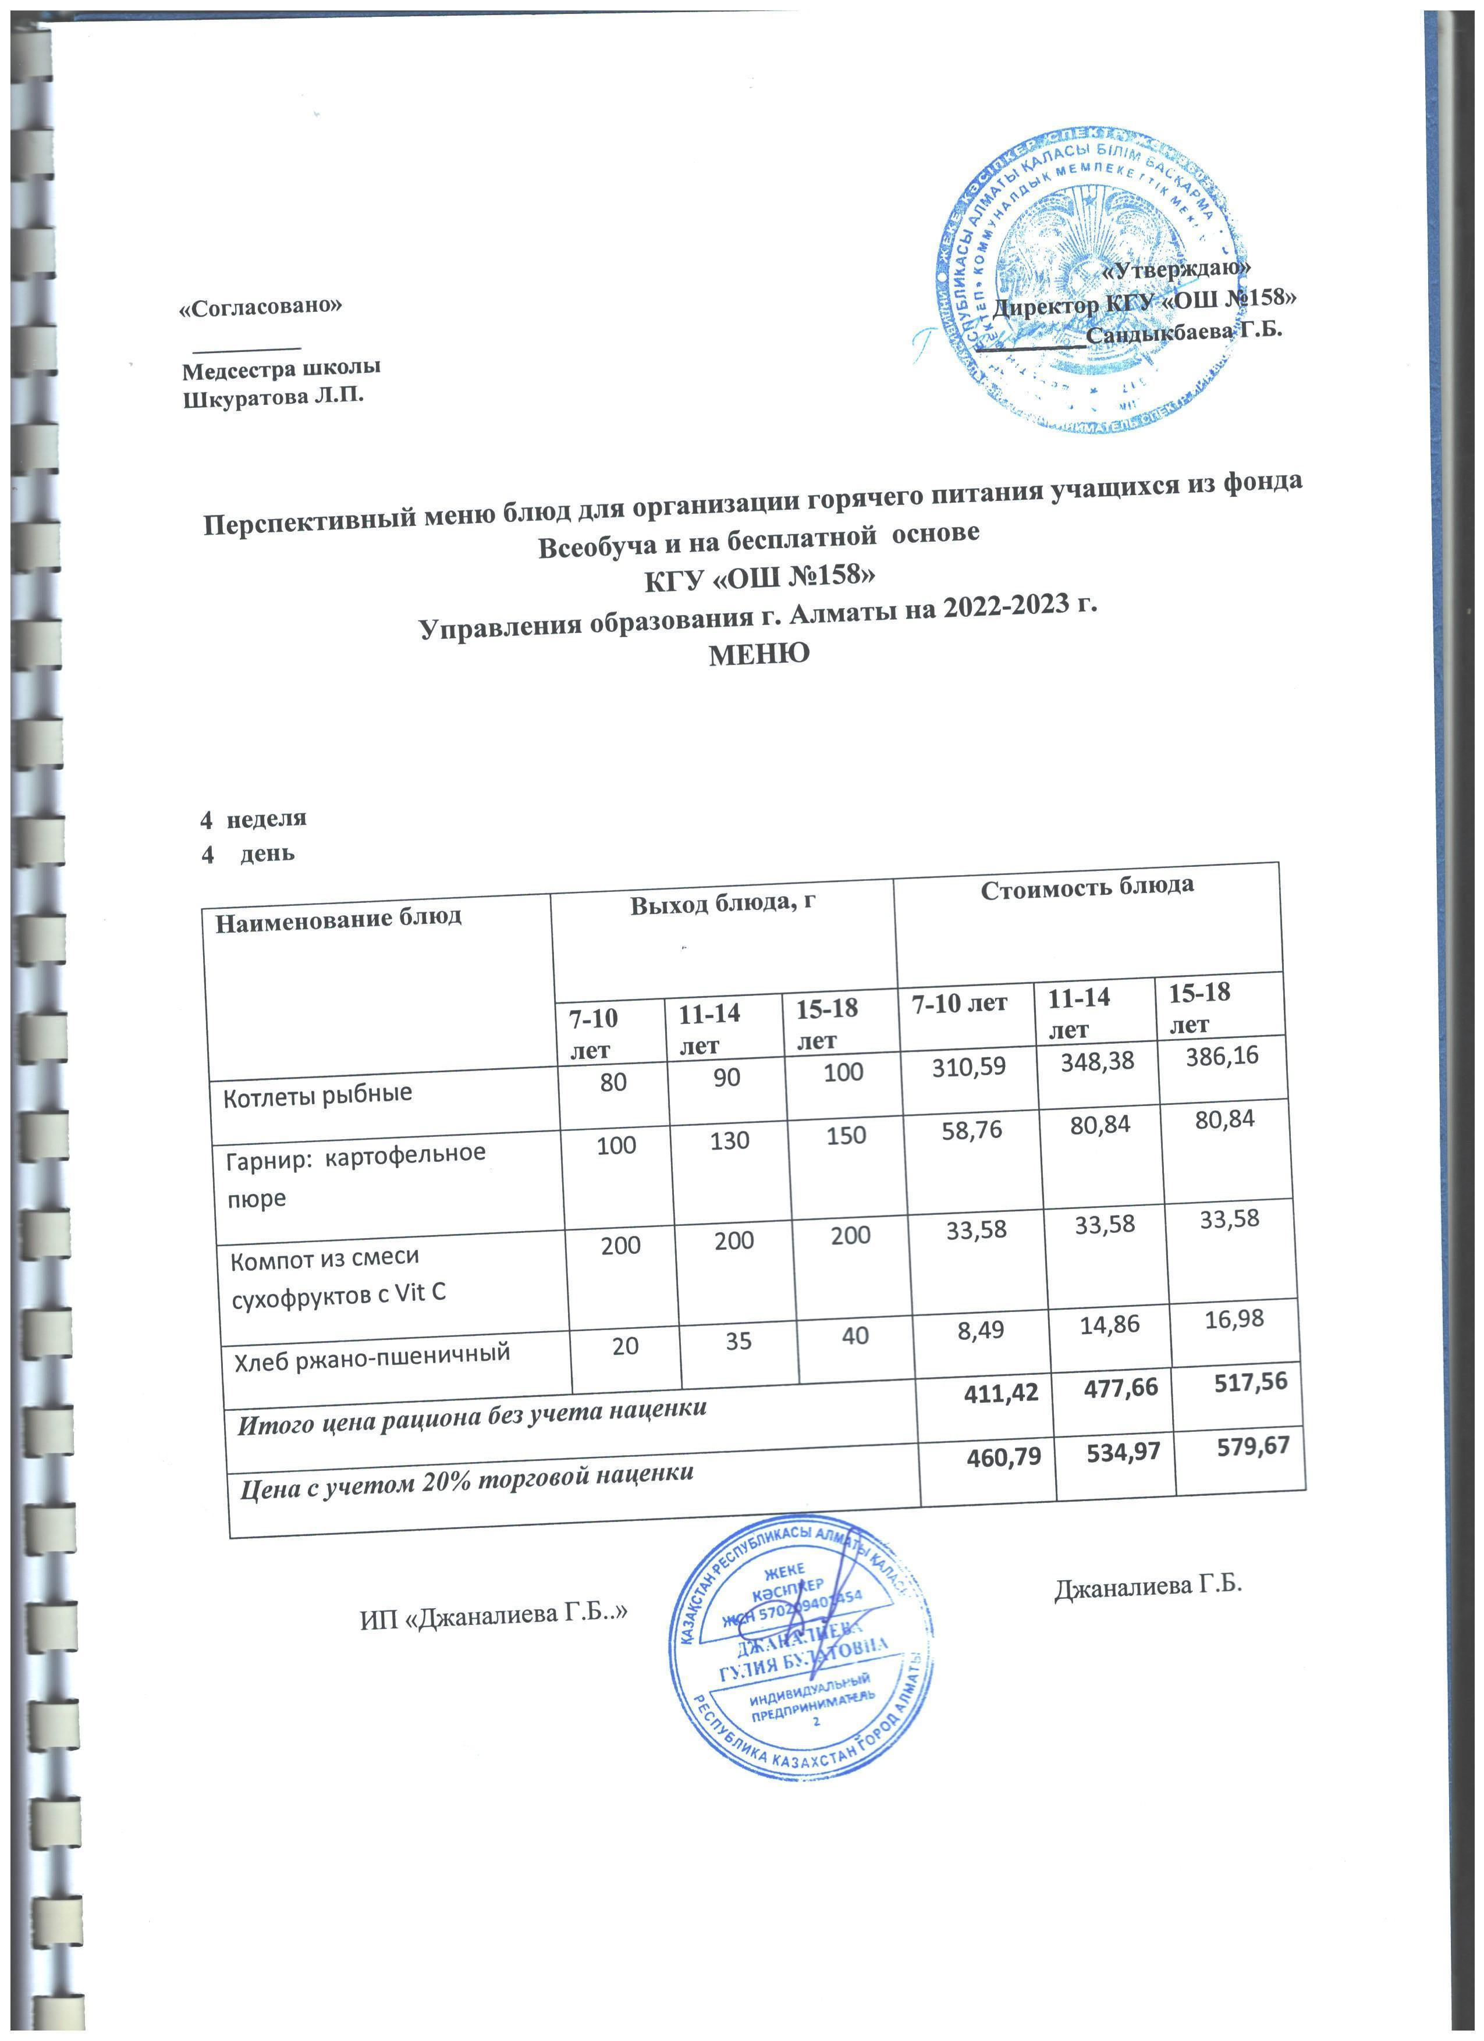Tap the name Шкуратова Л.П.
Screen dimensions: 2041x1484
(x=274, y=397)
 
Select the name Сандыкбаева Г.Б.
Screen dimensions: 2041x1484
(x=1184, y=330)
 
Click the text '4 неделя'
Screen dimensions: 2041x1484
(x=253, y=818)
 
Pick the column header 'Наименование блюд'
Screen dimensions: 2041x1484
(x=338, y=918)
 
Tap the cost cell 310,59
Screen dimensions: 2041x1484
(x=968, y=1067)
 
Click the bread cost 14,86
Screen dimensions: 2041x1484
(x=1098, y=1324)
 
